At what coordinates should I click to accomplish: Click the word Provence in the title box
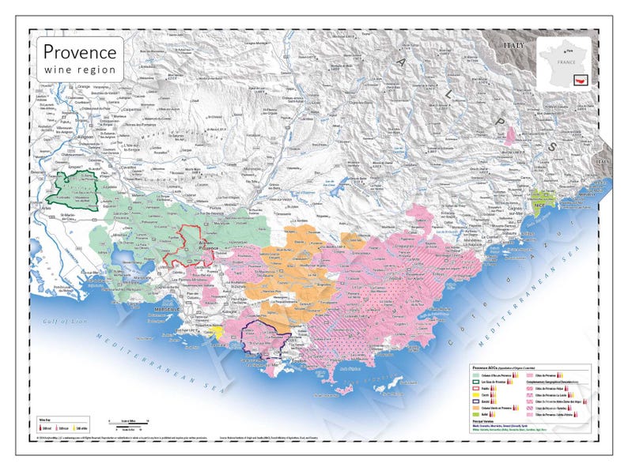click(79, 52)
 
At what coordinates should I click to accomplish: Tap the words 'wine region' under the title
click(79, 70)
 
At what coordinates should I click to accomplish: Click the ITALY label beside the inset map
click(516, 46)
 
